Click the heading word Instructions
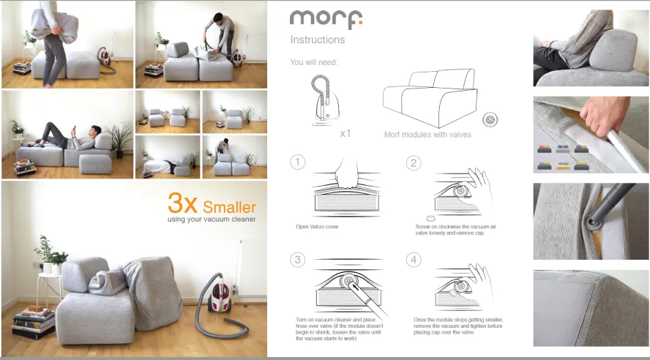(x=317, y=40)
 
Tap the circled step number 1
(x=297, y=162)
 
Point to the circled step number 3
(x=297, y=260)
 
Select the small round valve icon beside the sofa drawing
(x=490, y=119)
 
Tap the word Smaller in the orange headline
(x=230, y=206)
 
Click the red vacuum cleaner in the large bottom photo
(x=219, y=298)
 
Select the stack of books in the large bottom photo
(x=34, y=322)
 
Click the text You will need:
(x=314, y=62)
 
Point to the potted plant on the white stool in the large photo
(x=48, y=253)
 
